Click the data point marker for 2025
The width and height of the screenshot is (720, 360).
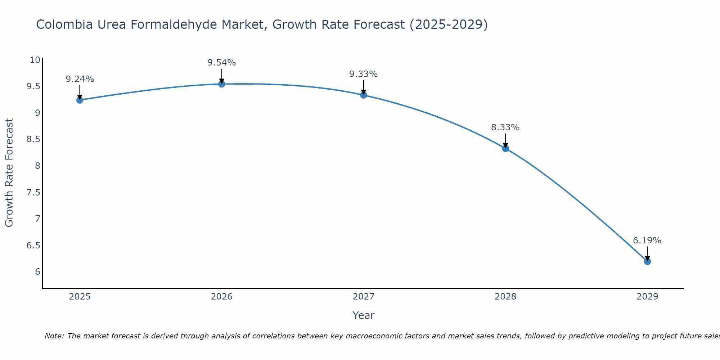pos(80,100)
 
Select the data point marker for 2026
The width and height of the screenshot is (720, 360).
pos(222,84)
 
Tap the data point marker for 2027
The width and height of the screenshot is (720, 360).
pos(364,95)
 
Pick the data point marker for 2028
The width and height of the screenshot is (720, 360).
pos(505,148)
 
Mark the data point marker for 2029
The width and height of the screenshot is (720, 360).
pos(647,261)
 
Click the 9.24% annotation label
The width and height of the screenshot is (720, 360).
pos(80,79)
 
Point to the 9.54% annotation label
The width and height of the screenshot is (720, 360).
pos(221,63)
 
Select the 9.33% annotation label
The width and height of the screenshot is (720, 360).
pos(363,74)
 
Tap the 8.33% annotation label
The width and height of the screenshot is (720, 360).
pos(505,127)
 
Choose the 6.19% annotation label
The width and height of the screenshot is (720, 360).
pos(647,240)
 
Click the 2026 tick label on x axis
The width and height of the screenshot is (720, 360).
pos(222,297)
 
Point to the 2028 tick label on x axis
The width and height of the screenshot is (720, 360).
pos(505,297)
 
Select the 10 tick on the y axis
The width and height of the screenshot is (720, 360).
pos(35,60)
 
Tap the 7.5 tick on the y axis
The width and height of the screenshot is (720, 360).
pos(33,193)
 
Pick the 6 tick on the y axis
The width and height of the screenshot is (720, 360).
pos(37,272)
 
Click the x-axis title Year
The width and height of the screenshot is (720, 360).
pos(363,315)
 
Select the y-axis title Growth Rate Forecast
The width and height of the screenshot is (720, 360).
pos(9,172)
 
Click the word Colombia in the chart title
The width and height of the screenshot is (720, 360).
pos(63,25)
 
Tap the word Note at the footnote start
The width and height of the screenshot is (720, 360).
pos(54,336)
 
